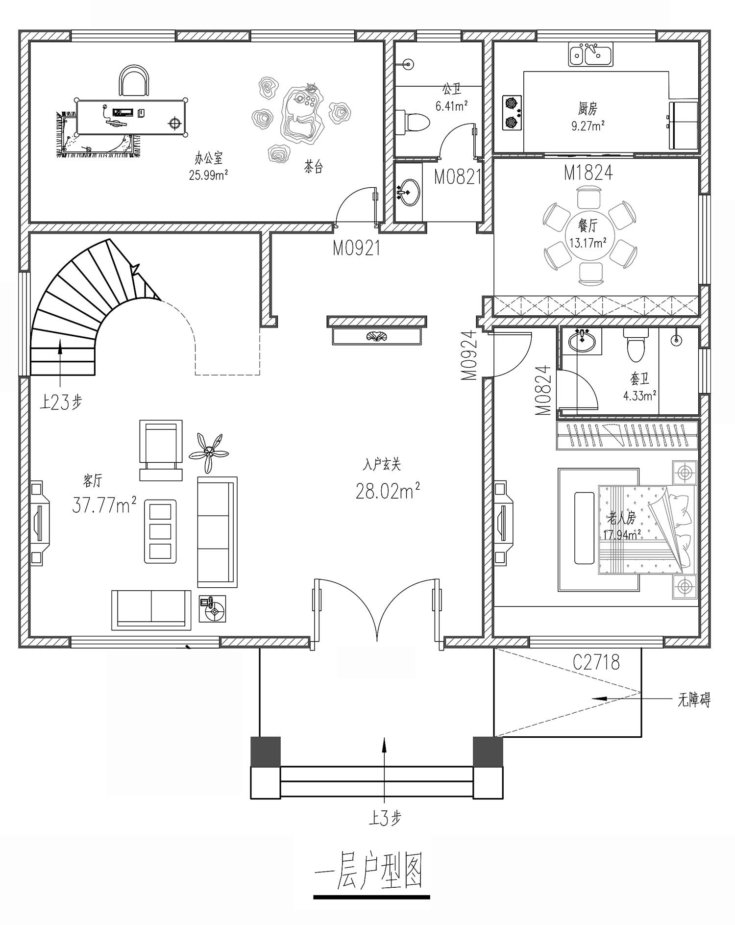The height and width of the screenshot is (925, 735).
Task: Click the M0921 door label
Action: coord(356,249)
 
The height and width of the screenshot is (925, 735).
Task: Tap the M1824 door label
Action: coord(588,173)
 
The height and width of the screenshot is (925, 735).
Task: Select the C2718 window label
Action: coord(596,663)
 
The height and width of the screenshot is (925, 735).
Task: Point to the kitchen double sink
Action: coord(590,54)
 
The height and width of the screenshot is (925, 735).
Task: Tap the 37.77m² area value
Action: coord(104,504)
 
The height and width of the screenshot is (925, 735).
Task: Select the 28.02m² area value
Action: coord(387,491)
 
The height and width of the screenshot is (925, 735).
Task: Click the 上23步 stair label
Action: coord(61,402)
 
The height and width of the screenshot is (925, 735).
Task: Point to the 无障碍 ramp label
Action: coord(694,700)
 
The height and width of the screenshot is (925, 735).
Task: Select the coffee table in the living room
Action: coord(160,531)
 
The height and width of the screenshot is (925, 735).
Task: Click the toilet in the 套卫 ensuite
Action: coord(636,345)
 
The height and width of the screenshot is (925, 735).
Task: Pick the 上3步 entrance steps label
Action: coord(385,818)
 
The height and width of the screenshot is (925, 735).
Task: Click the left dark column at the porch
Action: coord(266,751)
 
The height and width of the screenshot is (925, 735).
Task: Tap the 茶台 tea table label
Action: coord(314,168)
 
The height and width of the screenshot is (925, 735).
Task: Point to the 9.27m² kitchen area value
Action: coord(588,125)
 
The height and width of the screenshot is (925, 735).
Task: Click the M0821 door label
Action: coord(458,177)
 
